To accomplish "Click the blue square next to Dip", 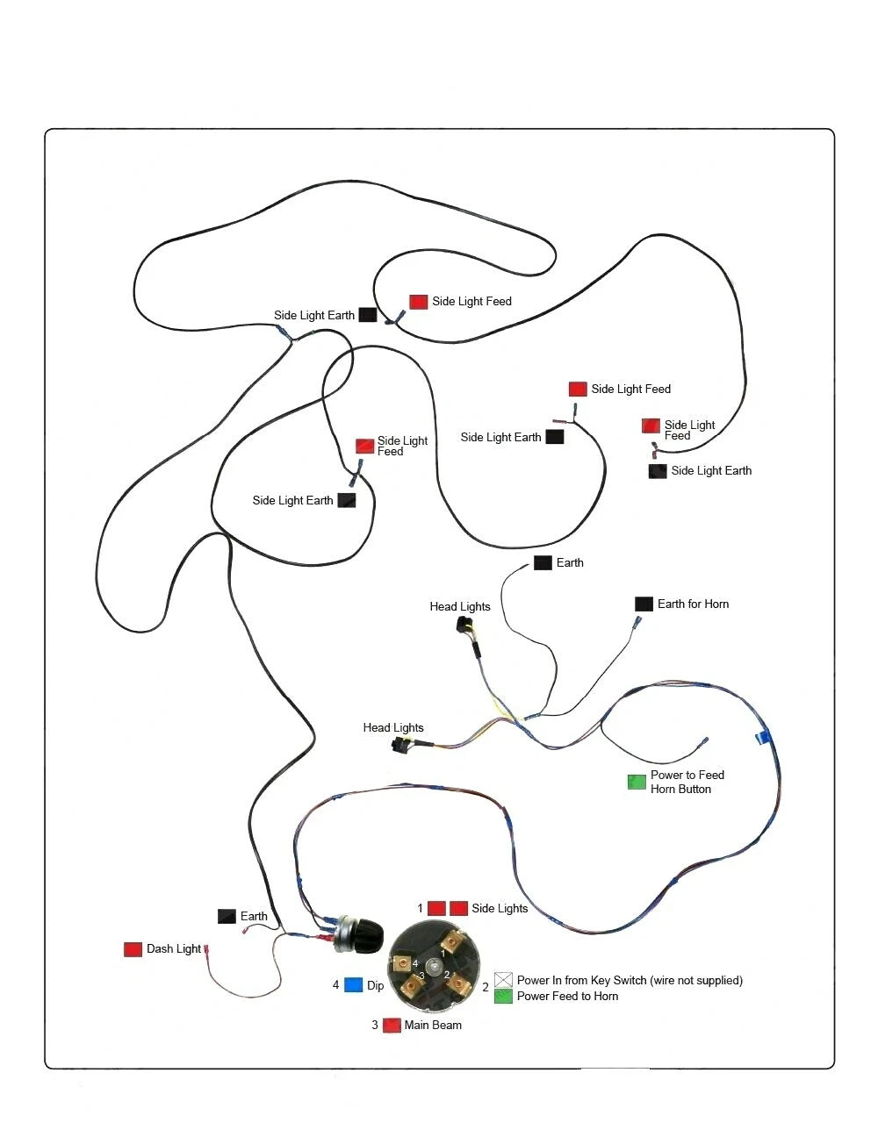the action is click(354, 984).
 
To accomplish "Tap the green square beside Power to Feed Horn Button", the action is click(637, 782).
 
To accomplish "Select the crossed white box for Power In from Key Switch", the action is click(503, 979).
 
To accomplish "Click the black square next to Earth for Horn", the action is click(644, 604).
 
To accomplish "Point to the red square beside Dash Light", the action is click(133, 949).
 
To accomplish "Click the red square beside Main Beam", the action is click(392, 1025).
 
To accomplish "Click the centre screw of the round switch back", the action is click(433, 965).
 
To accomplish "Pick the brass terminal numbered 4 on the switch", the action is click(402, 962).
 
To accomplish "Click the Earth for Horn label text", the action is click(694, 604).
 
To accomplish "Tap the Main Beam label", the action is click(433, 1025).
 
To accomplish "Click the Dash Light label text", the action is click(174, 949).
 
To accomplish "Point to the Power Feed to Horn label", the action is click(567, 996).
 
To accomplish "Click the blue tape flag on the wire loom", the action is click(763, 738).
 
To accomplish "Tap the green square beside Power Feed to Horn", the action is click(503, 996).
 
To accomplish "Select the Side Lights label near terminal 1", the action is click(500, 908).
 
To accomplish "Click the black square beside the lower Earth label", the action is click(227, 916).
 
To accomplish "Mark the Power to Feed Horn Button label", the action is click(687, 782).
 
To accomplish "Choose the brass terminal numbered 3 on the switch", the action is click(413, 986).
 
